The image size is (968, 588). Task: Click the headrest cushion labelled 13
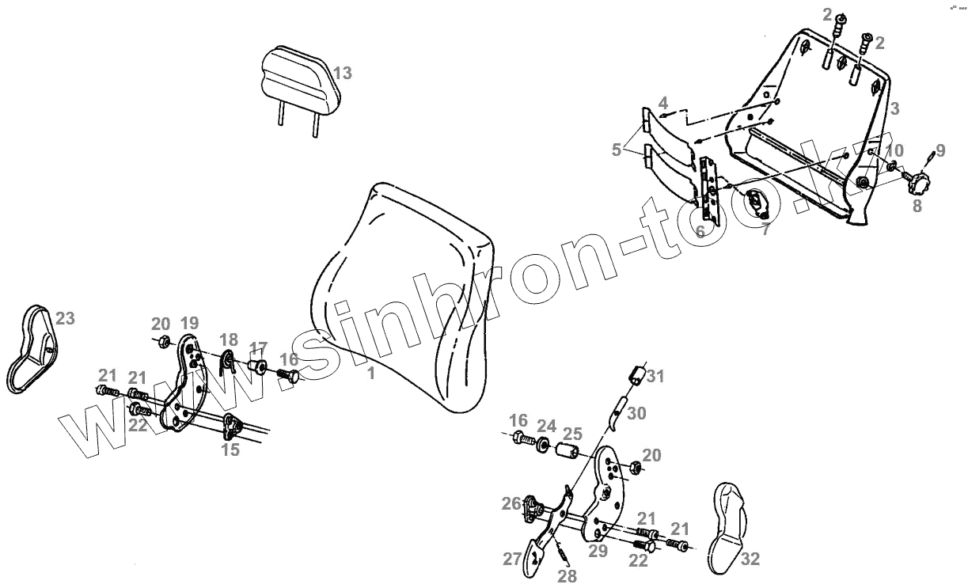click(299, 78)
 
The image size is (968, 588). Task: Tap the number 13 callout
click(342, 73)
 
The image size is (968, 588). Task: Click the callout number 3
click(894, 108)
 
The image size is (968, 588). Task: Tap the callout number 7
click(765, 230)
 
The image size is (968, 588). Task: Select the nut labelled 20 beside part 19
click(163, 342)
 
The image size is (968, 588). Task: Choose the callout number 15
click(230, 450)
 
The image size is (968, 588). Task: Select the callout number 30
click(637, 412)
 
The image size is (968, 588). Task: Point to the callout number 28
click(567, 575)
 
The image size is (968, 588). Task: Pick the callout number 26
click(511, 503)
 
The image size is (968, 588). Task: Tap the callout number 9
click(940, 150)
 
